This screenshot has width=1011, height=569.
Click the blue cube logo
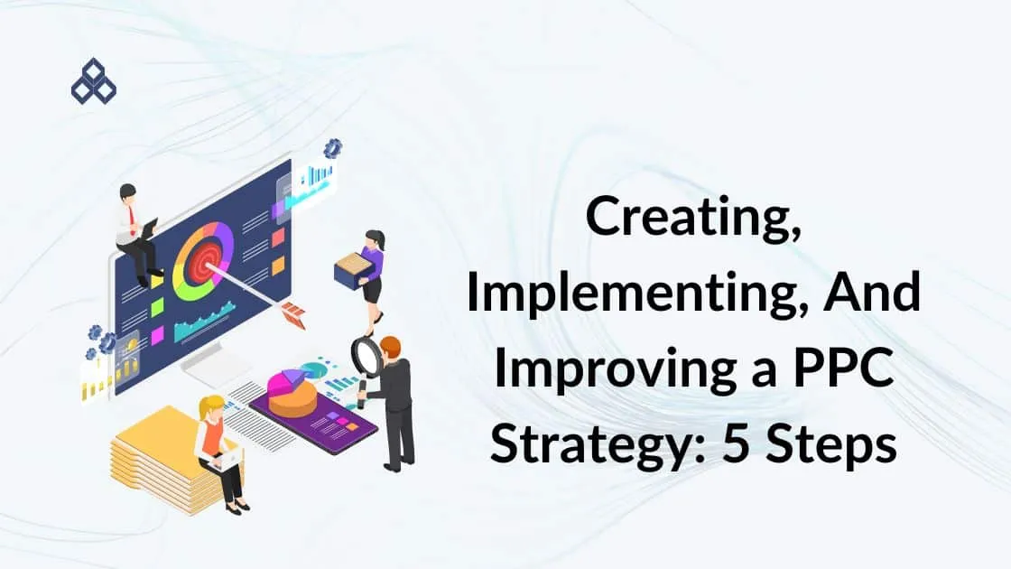[x=94, y=82]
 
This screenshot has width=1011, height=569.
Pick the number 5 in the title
[x=736, y=443]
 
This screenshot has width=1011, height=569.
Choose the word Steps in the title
[x=831, y=445]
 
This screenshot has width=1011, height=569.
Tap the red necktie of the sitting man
[x=132, y=220]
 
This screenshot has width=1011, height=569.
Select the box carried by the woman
[x=353, y=270]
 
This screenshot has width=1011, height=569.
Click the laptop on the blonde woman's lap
[x=227, y=459]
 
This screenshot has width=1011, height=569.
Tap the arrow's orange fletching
[x=293, y=314]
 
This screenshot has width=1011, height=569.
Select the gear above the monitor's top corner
[x=333, y=148]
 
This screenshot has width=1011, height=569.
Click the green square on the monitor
[x=157, y=308]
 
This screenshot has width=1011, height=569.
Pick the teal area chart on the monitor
[x=204, y=322]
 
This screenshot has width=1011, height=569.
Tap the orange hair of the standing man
[x=391, y=347]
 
